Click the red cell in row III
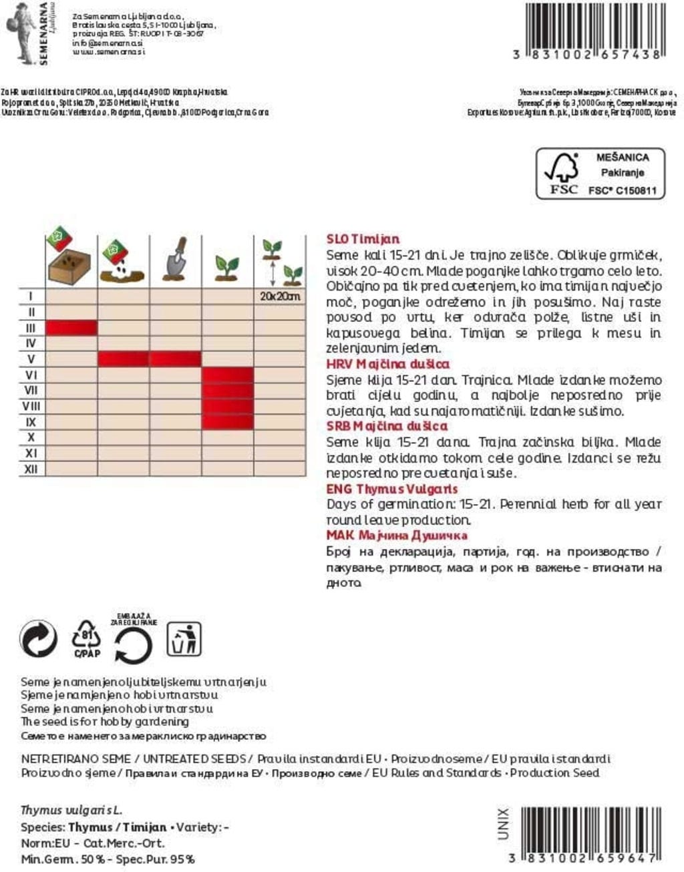pos(71,328)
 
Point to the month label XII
pos(31,469)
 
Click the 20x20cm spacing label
pos(280,296)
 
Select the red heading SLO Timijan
pos(363,239)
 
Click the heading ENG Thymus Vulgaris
pos(392,489)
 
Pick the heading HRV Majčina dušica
pos(387,364)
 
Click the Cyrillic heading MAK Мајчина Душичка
pos(397,535)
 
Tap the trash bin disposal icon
pos(184,639)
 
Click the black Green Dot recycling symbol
pos(39,639)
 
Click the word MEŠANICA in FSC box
pos(622,158)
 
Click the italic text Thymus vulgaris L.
pos(71,811)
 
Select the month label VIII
pos(31,406)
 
